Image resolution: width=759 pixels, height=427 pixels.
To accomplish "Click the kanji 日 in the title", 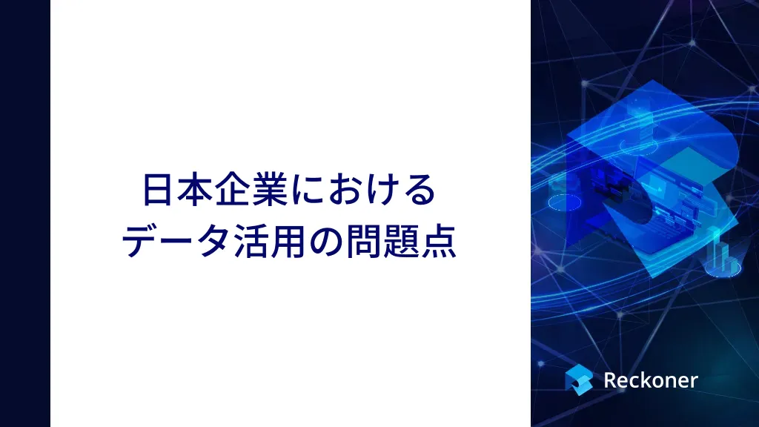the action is pos(159,190).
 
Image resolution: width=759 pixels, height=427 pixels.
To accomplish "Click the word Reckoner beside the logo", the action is pos(651,380).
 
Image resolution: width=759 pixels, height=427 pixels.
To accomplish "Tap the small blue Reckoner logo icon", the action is pos(578,380).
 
